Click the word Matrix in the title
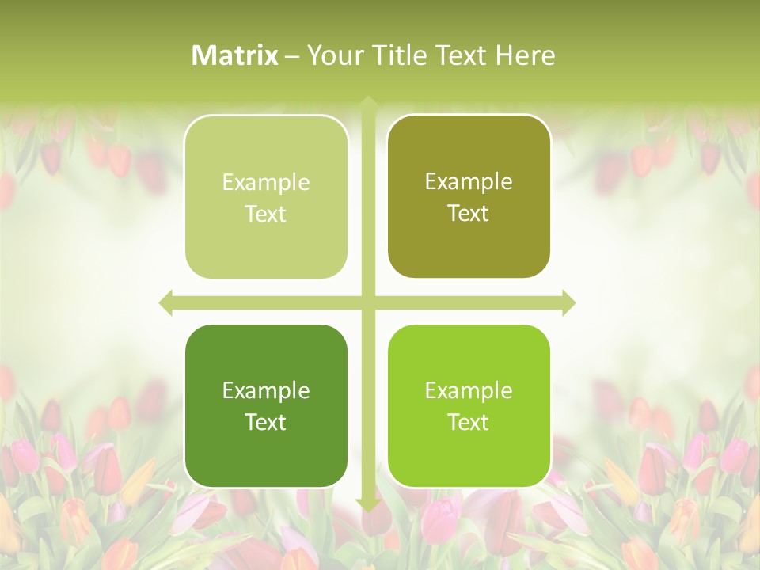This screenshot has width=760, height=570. pos(235,55)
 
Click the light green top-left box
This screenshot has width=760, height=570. pos(266,197)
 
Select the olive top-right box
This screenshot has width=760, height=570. pos(469,196)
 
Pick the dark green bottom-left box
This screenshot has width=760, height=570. pos(266,405)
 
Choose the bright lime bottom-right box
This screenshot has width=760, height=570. pos(469,405)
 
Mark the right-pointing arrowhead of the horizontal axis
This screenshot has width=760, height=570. pos(568,302)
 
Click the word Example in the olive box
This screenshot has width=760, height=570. pos(469,181)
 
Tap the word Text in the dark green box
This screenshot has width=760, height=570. pos(266,422)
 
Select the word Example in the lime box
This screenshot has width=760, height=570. pos(469,390)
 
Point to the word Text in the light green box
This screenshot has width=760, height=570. pos(266,214)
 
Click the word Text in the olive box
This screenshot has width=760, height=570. pos(469,213)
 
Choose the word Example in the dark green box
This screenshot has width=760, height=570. pos(266,390)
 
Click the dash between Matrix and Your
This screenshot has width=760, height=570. pos(292,56)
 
